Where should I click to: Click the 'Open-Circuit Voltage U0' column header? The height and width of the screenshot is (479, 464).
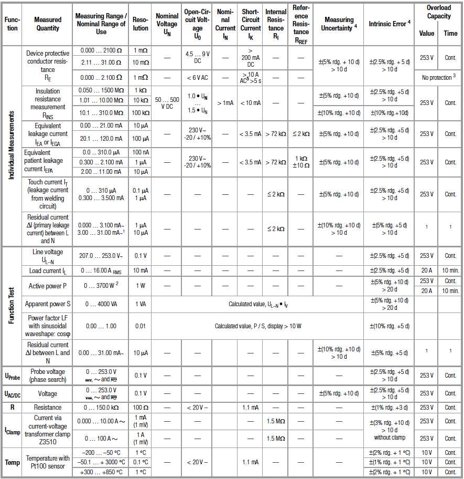(x=198, y=24)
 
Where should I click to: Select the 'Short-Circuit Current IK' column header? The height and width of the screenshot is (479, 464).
(x=251, y=24)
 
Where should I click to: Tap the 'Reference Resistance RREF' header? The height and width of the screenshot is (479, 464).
(x=300, y=24)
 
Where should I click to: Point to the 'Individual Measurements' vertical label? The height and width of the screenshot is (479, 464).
(x=11, y=145)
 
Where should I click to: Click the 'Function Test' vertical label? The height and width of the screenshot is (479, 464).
(x=11, y=306)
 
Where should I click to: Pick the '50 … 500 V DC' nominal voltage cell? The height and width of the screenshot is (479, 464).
(x=167, y=103)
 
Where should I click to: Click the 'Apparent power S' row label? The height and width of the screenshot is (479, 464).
(x=49, y=304)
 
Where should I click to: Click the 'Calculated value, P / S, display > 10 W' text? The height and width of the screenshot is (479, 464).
(x=258, y=326)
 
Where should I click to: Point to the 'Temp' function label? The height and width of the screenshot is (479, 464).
(x=13, y=462)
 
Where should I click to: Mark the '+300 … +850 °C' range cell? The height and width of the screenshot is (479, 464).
(x=101, y=472)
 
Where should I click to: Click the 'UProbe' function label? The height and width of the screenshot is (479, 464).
(x=13, y=376)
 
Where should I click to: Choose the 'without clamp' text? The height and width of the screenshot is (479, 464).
(x=389, y=438)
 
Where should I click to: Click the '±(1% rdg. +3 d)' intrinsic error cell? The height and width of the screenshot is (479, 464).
(x=389, y=408)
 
